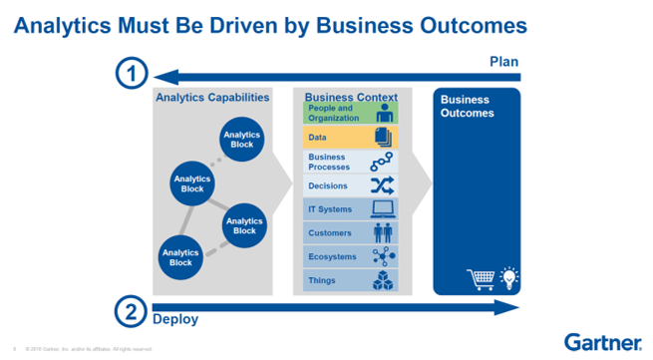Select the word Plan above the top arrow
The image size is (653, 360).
pyautogui.click(x=504, y=62)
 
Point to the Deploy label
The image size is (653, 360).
pyautogui.click(x=174, y=320)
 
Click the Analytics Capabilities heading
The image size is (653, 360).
pyautogui.click(x=211, y=98)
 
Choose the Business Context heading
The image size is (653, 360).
pyautogui.click(x=350, y=97)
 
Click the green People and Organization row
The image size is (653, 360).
pyautogui.click(x=350, y=113)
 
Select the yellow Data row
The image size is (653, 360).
pyautogui.click(x=350, y=138)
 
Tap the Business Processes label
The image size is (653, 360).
pyautogui.click(x=329, y=162)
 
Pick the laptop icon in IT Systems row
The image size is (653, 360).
pyautogui.click(x=382, y=209)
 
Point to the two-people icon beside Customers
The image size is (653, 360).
pyautogui.click(x=382, y=233)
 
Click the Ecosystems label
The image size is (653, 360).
pyautogui.click(x=331, y=256)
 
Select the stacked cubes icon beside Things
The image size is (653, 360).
pyautogui.click(x=382, y=280)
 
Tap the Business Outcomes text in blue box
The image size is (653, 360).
pyautogui.click(x=465, y=106)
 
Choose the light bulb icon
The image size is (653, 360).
pyautogui.click(x=507, y=276)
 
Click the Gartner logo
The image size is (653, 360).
pyautogui.click(x=602, y=341)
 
